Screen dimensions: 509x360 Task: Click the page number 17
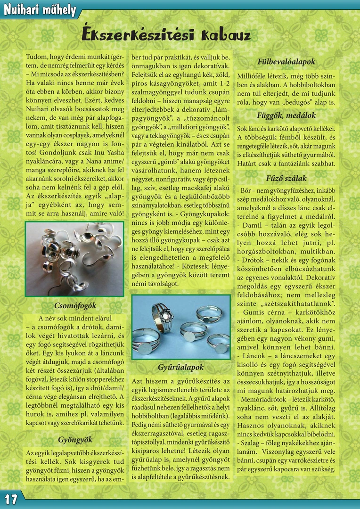click(11, 499)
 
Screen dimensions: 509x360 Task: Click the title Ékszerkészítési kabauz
click(166, 35)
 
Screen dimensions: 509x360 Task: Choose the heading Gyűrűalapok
click(181, 367)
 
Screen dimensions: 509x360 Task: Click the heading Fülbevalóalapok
click(286, 62)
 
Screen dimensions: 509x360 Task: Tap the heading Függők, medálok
click(286, 115)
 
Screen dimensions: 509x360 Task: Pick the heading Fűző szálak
click(286, 178)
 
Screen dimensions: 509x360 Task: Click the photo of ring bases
click(181, 327)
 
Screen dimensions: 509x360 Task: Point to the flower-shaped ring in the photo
click(163, 312)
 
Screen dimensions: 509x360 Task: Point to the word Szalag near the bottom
click(254, 443)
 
